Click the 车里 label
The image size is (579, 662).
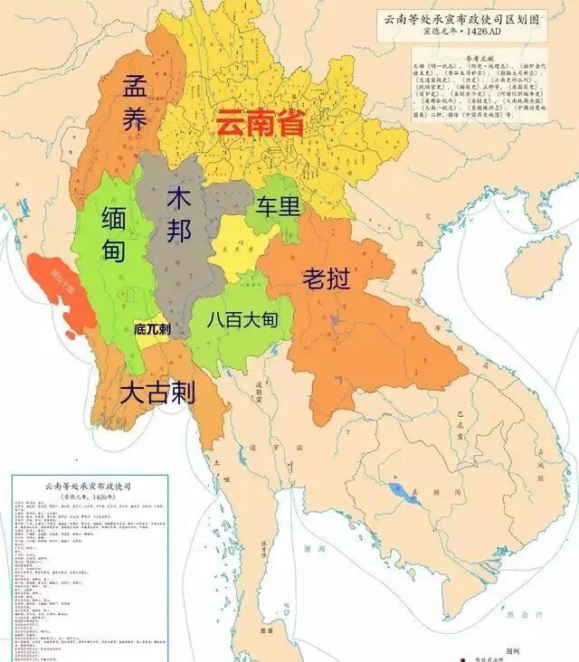(x=277, y=206)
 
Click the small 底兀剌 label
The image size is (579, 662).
(x=152, y=329)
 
